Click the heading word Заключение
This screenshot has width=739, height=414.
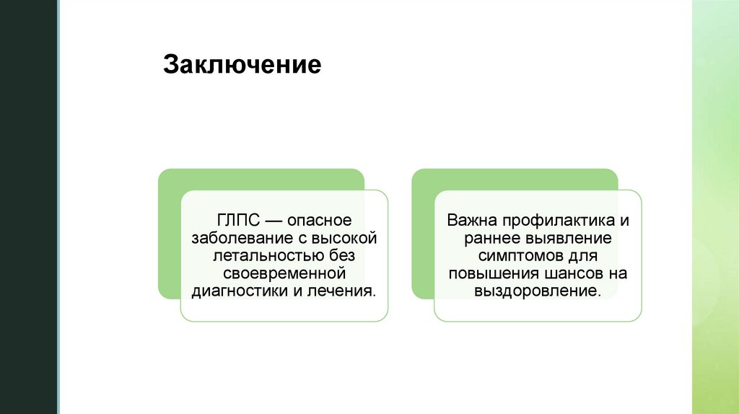[242, 64]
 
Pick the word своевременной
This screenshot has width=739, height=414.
[284, 273]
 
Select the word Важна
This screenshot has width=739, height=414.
[467, 219]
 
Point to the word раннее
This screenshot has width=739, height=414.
[485, 237]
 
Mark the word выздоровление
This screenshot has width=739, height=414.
[537, 291]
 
